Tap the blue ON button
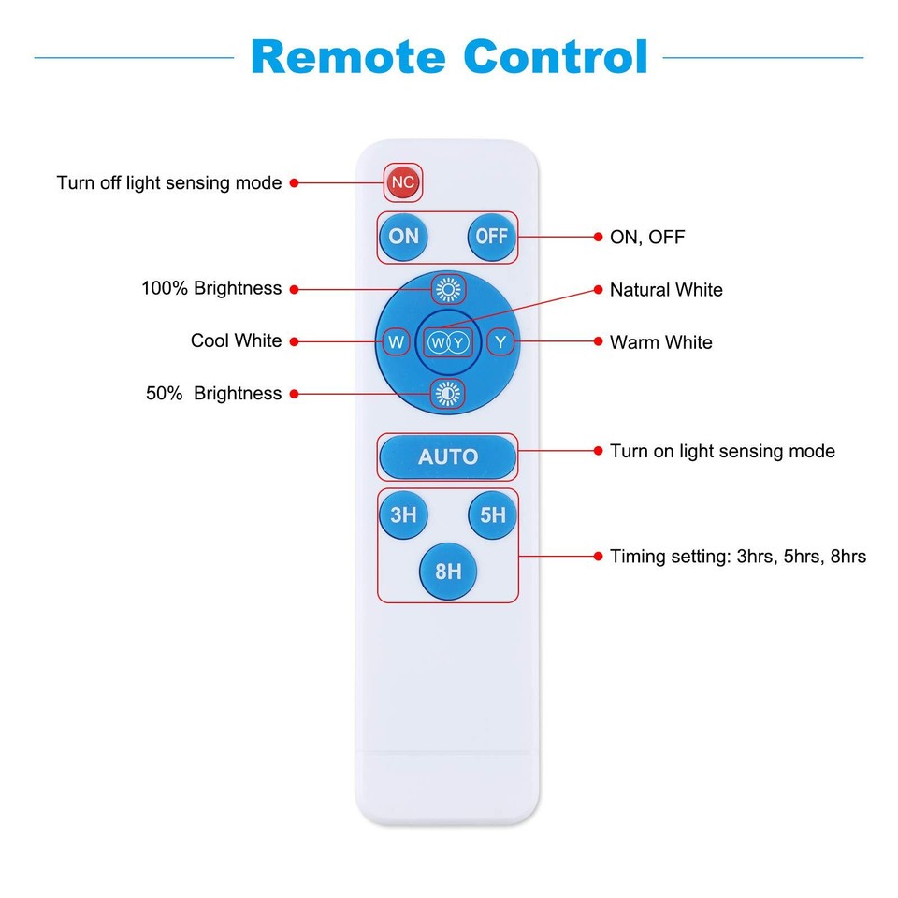point(404,236)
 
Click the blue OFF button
point(492,236)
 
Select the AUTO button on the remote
point(447,456)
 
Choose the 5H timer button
point(492,514)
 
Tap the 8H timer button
point(448,571)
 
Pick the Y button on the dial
point(501,342)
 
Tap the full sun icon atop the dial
point(448,290)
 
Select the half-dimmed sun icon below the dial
point(448,394)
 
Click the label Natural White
point(666,290)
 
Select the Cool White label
point(236,340)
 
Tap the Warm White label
point(660,342)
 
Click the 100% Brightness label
point(211,288)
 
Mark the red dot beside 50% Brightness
point(294,394)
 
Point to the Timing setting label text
point(737,557)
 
